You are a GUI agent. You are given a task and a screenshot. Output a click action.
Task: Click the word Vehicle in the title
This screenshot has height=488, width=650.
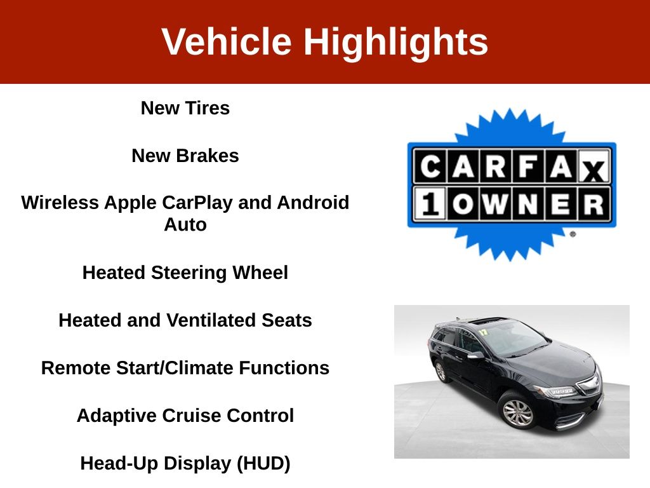(227, 41)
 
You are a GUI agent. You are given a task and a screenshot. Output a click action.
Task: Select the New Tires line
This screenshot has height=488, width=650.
(185, 108)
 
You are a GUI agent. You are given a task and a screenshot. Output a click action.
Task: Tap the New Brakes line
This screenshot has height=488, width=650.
(185, 156)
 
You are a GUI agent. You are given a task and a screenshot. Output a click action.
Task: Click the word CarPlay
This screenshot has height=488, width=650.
(197, 203)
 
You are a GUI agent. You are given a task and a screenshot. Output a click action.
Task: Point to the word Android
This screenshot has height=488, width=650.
(313, 203)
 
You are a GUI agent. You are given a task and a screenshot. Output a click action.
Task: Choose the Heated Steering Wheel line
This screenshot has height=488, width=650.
(185, 273)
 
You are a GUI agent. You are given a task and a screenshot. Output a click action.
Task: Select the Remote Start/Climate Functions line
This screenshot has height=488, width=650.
(185, 368)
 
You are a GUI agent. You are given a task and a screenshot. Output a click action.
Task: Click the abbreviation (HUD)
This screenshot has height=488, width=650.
(263, 463)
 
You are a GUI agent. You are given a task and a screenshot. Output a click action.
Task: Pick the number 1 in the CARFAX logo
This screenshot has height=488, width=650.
(430, 204)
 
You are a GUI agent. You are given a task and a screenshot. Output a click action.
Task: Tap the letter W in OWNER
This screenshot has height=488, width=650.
(495, 204)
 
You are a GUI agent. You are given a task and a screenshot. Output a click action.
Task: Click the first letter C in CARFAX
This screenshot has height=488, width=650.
(431, 166)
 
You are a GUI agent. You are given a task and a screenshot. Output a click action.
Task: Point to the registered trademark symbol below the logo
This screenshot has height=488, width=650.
(573, 234)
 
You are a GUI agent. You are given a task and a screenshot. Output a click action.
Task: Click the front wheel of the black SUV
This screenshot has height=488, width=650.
(518, 412)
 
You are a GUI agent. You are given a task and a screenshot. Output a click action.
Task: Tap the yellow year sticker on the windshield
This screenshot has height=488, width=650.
(483, 332)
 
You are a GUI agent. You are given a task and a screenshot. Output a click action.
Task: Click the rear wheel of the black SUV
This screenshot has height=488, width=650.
(441, 371)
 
